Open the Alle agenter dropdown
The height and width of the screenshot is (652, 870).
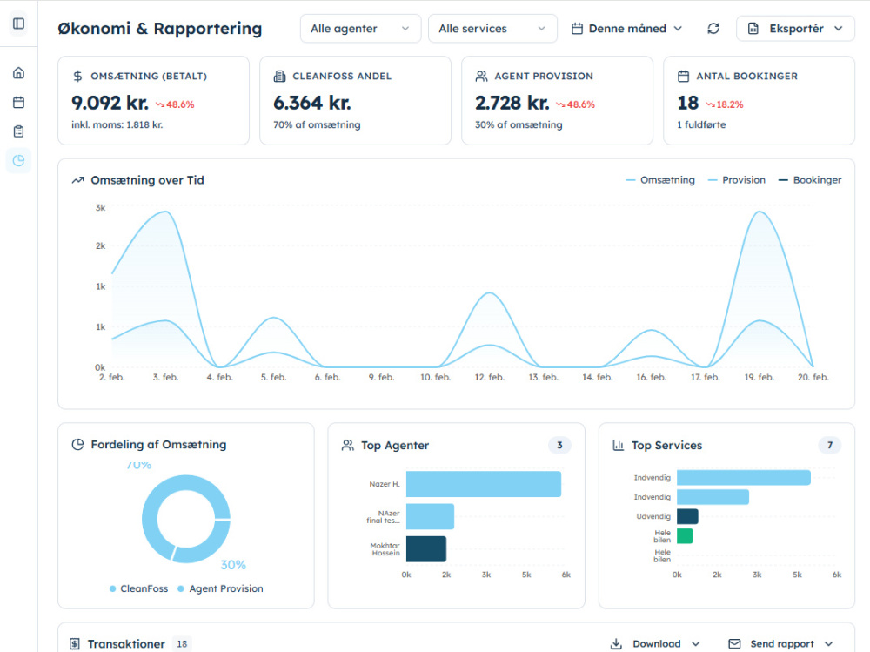click(361, 29)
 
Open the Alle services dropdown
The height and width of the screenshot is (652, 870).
click(492, 29)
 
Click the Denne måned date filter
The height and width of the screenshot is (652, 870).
click(627, 29)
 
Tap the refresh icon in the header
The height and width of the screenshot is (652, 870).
click(713, 29)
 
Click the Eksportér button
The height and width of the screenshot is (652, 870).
click(795, 29)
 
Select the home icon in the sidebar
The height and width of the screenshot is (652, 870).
click(19, 73)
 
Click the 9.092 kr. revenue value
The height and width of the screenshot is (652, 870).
click(110, 103)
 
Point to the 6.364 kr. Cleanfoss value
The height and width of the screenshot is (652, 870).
click(311, 103)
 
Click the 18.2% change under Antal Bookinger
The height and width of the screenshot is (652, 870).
click(725, 104)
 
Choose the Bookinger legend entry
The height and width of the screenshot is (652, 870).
click(810, 180)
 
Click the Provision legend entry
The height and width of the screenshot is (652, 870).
click(737, 180)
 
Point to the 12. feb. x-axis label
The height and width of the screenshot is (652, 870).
click(489, 377)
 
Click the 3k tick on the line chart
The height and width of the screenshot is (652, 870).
click(100, 208)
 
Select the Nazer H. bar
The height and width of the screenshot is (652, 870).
click(483, 484)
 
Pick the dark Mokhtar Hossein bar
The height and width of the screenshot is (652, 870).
click(426, 548)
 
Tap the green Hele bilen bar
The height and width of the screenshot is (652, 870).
click(685, 536)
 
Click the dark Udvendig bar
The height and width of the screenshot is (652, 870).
click(687, 516)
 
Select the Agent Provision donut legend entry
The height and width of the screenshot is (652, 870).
click(220, 588)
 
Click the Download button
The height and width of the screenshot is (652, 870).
click(655, 643)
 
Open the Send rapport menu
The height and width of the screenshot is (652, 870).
click(780, 643)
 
